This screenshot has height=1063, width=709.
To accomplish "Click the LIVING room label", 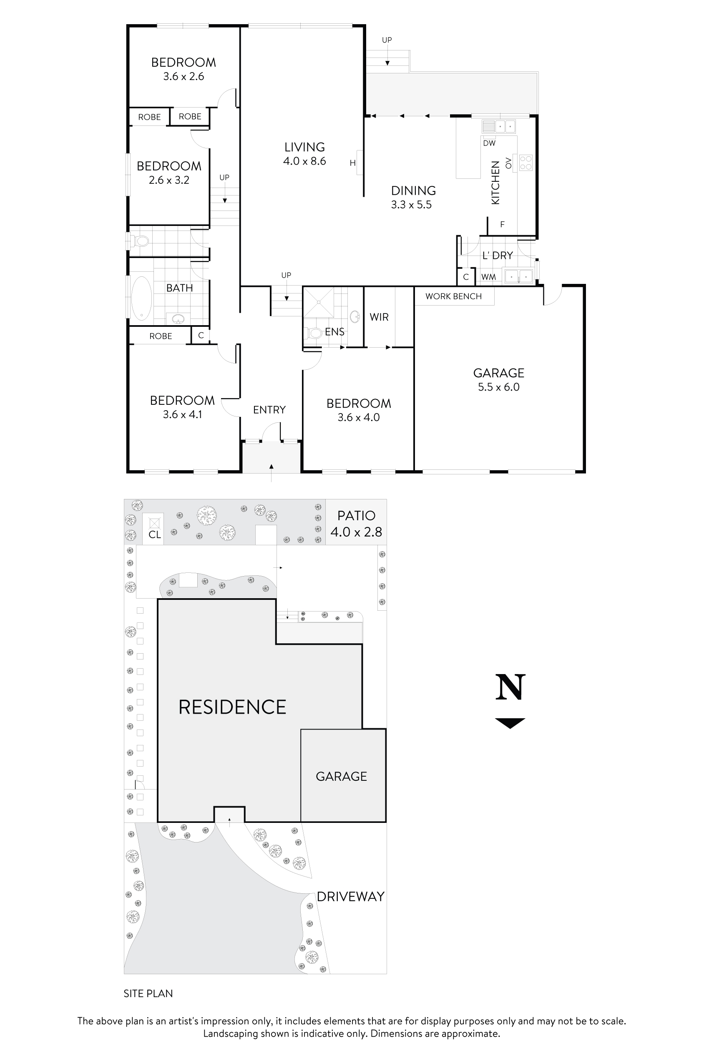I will [304, 147].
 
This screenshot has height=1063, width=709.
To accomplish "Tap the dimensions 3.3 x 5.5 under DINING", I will [411, 205].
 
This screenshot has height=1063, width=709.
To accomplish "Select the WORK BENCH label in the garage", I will [453, 296].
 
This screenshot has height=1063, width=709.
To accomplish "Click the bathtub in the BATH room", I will [141, 298].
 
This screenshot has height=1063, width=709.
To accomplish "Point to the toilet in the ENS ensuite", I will [314, 333].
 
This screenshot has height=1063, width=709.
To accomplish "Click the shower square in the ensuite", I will [318, 302].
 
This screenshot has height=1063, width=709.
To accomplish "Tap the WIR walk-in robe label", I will [379, 317].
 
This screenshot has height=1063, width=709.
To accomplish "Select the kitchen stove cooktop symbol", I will [525, 163].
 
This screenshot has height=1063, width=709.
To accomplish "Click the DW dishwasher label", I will [489, 143].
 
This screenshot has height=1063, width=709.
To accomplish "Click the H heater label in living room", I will [353, 163].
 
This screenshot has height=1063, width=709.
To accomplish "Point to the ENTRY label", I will [269, 410].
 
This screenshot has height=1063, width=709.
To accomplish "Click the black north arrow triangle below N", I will [510, 722].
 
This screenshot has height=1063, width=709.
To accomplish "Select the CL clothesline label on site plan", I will [155, 535].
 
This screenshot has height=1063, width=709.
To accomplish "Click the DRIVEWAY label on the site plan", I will [350, 897].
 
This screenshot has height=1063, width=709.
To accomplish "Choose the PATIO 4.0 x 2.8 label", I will [356, 524].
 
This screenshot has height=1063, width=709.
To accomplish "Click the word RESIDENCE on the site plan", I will [232, 707].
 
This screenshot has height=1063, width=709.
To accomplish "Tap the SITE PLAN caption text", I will [148, 993].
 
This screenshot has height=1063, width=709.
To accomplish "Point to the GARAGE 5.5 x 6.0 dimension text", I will [499, 387].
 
